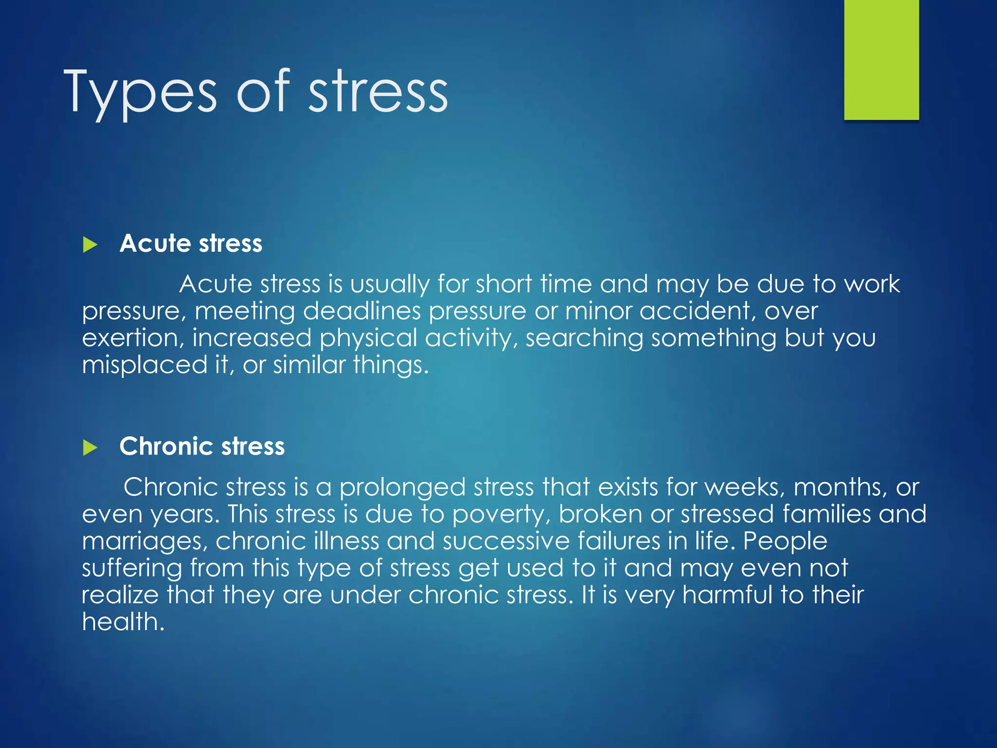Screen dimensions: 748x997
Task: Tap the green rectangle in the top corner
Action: tap(881, 59)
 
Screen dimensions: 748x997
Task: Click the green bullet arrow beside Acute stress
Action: tap(90, 244)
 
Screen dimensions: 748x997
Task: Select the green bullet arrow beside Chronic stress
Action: tap(90, 448)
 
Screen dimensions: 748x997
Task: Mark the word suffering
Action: tap(131, 568)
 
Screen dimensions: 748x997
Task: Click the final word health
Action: tap(123, 622)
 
